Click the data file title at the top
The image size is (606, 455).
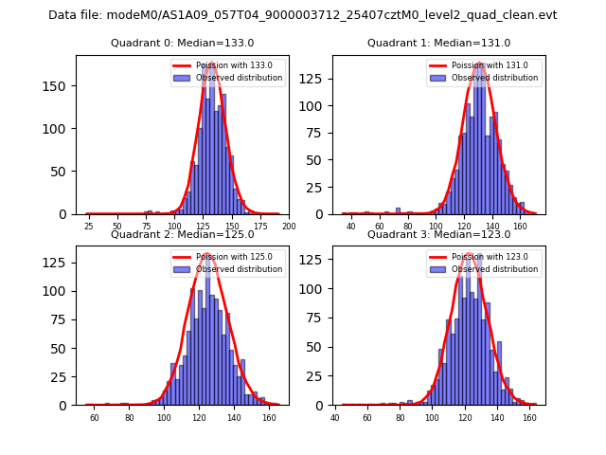pyautogui.click(x=303, y=15)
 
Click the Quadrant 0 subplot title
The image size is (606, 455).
pyautogui.click(x=183, y=43)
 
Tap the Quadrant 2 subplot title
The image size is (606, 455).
pyautogui.click(x=183, y=234)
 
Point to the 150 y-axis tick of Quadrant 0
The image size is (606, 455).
pyautogui.click(x=58, y=86)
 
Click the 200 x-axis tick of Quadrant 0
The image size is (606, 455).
pyautogui.click(x=290, y=227)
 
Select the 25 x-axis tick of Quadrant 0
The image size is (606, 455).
pyautogui.click(x=88, y=227)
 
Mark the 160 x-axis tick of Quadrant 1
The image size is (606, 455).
pyautogui.click(x=520, y=227)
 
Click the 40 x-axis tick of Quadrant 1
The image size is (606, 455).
pyautogui.click(x=351, y=227)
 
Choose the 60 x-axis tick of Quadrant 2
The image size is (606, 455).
pyautogui.click(x=95, y=417)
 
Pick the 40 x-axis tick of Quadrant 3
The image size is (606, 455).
pyautogui.click(x=335, y=417)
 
